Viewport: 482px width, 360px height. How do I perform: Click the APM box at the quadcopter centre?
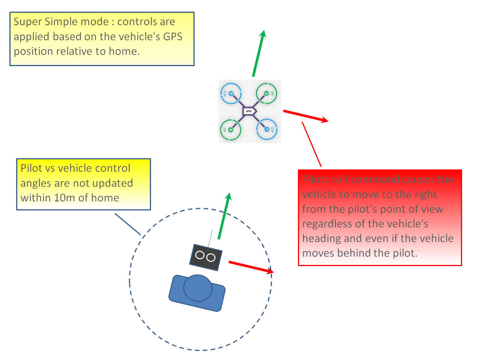[249, 111]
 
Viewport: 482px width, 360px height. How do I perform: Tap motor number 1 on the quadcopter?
[267, 129]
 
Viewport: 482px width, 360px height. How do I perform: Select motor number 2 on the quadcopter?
[231, 94]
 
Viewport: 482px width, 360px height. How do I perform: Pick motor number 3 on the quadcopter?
[267, 93]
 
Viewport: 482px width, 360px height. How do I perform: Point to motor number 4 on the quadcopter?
[231, 130]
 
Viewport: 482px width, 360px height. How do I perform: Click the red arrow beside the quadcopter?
[305, 116]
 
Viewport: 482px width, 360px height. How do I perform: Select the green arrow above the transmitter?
[224, 216]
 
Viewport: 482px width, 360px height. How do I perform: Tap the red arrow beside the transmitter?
[251, 267]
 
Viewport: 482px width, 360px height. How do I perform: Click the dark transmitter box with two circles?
[205, 257]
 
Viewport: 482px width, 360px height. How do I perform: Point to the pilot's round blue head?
[198, 288]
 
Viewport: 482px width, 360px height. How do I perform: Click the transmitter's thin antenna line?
[210, 239]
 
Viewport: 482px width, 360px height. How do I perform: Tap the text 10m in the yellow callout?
[64, 198]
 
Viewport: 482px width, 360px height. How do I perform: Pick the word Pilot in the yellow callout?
[32, 168]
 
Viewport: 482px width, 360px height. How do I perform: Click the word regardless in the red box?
[327, 224]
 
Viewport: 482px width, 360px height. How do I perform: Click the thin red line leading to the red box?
[312, 144]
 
